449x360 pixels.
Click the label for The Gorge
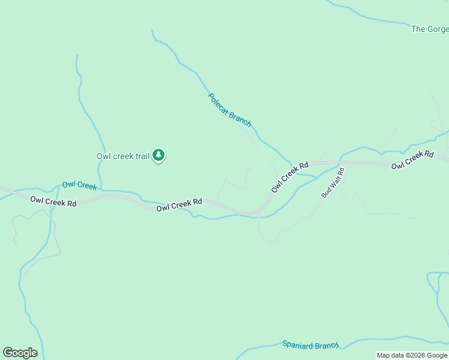pos(429,29)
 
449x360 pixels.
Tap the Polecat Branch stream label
pos(229,109)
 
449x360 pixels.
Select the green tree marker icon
pos(158,155)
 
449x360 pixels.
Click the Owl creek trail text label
pos(123,156)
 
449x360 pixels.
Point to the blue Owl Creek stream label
pos(79,185)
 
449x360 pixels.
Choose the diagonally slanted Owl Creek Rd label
pos(289,177)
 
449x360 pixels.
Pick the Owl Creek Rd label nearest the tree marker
pos(179,205)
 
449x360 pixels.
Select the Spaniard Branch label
pos(310,345)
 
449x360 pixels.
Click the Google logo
pos(20,353)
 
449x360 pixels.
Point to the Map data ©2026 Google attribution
pos(412,355)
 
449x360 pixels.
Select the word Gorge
pos(438,29)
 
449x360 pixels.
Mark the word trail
pos(142,156)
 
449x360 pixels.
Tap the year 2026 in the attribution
pos(414,355)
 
